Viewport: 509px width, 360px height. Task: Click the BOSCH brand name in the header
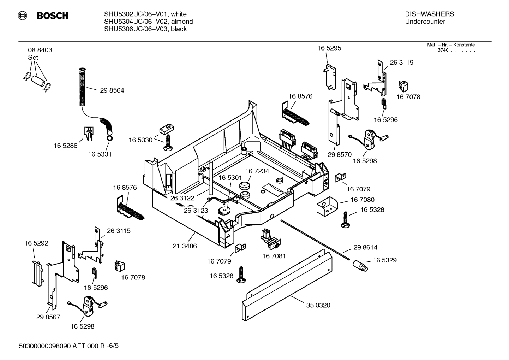pos(52,16)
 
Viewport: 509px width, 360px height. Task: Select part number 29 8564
pos(112,90)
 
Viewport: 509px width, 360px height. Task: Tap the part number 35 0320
pos(318,305)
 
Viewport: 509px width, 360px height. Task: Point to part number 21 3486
pos(185,246)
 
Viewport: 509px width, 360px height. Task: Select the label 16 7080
pos(362,200)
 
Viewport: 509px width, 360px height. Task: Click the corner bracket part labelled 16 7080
pos(327,206)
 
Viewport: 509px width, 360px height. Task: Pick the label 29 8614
pos(365,247)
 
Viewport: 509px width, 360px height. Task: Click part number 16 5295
pos(329,48)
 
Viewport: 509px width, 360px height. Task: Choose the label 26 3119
pos(401,63)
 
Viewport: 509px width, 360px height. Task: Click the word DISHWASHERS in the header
pos(429,14)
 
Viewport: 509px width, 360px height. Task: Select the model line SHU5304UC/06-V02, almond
pos(148,22)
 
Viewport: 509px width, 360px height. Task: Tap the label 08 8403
pos(40,50)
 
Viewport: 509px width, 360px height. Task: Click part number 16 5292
pos(36,243)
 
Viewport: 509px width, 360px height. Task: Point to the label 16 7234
pos(257,171)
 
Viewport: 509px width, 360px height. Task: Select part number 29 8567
pos(48,317)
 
